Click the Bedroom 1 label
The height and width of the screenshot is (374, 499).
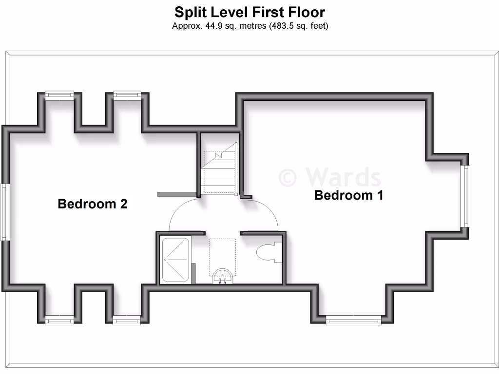tap(348, 195)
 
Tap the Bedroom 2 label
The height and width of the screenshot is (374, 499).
tap(93, 204)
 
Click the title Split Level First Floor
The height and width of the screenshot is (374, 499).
tap(249, 12)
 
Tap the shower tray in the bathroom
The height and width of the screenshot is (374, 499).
tap(175, 260)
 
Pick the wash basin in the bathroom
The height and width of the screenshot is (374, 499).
tap(223, 276)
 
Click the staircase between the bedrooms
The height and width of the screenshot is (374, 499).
tap(219, 170)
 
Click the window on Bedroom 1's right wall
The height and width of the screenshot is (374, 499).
tap(466, 196)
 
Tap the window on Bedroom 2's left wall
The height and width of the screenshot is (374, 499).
tap(5, 212)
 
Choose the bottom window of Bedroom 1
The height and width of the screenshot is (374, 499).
tap(353, 320)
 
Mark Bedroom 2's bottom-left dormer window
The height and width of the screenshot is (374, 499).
tap(59, 320)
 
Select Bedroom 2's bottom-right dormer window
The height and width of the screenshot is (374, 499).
tap(127, 320)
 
